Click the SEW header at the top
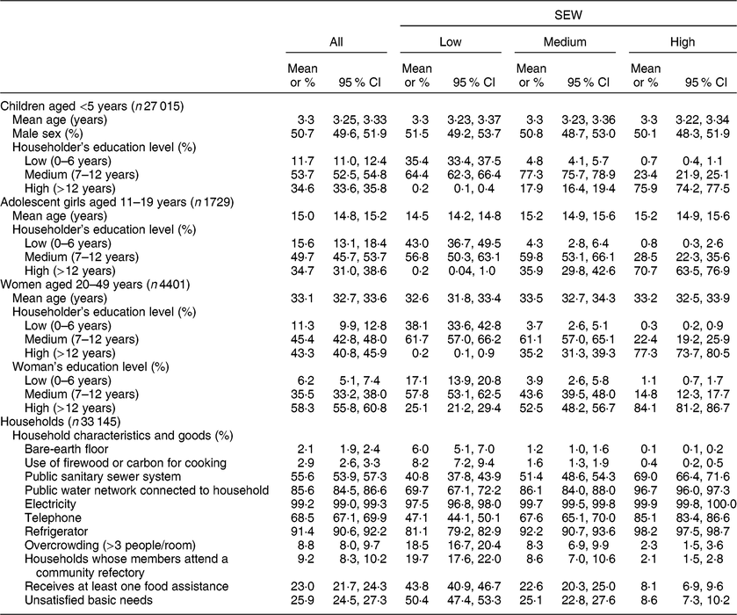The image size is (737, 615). [x=564, y=15]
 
